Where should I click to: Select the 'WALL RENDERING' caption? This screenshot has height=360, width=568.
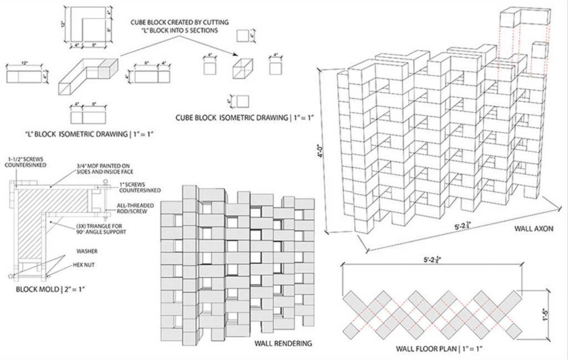(x=283, y=343)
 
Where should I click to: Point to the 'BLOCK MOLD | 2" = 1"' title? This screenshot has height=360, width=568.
(x=50, y=290)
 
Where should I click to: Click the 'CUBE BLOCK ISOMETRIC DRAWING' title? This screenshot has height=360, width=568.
(x=245, y=118)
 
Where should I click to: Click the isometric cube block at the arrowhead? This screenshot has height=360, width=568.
(x=242, y=69)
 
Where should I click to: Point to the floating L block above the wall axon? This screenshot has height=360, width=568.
(x=524, y=17)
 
